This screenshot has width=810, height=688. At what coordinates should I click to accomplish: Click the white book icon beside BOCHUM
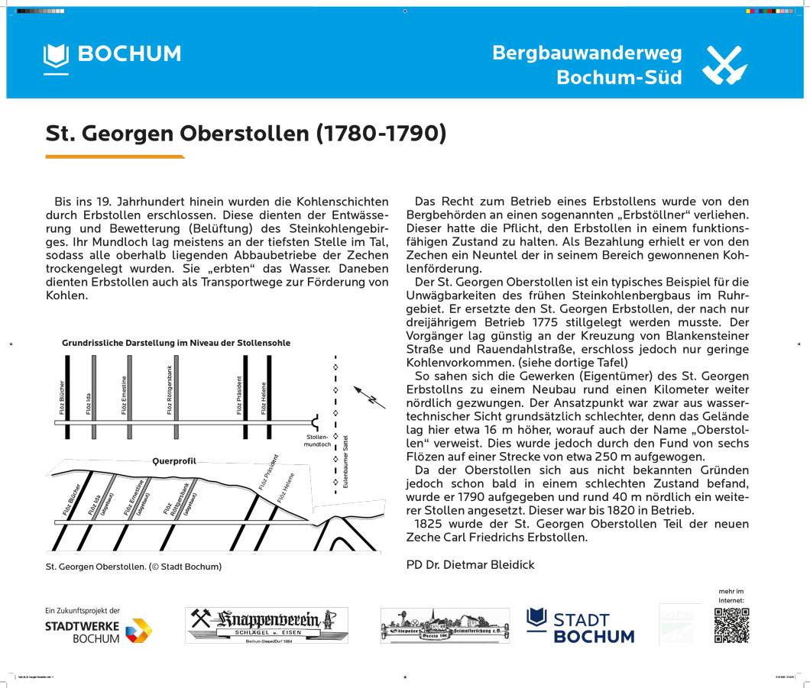click(56, 55)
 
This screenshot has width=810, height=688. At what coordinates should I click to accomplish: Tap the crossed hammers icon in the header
click(723, 65)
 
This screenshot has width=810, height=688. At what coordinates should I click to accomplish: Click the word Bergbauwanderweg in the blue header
click(587, 53)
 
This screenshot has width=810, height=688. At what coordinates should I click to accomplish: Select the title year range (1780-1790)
click(381, 133)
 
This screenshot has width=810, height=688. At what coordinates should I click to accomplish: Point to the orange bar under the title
click(115, 157)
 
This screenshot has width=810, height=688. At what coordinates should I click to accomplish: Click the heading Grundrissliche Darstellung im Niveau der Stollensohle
click(176, 343)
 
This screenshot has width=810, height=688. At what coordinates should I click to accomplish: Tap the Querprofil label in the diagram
click(174, 461)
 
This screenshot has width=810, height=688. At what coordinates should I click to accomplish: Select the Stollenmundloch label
click(317, 440)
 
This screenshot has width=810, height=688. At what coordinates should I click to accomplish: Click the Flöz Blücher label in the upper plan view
click(61, 397)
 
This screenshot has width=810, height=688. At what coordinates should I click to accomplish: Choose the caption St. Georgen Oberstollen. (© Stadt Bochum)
click(134, 567)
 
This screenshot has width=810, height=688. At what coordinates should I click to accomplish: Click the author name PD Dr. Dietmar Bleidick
click(470, 564)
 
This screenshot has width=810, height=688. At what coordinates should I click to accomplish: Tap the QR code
click(731, 625)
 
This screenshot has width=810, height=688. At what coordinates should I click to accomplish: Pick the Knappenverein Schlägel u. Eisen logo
click(266, 625)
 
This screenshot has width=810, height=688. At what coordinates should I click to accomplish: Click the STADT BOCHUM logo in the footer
click(581, 626)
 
